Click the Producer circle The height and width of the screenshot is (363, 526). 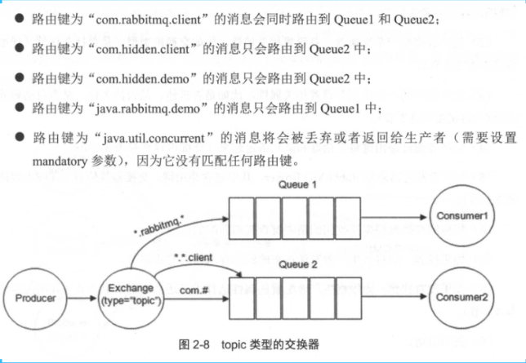35,299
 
